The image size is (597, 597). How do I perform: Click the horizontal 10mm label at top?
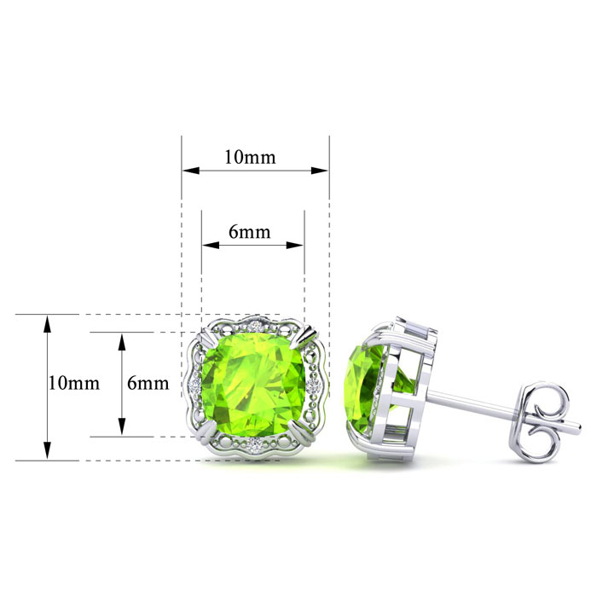tap(250, 157)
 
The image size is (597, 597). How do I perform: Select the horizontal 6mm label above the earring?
tap(250, 232)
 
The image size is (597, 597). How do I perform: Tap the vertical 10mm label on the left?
tap(74, 383)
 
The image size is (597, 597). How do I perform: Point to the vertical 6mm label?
tap(148, 383)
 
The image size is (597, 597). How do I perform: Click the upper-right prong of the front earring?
tap(308, 336)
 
